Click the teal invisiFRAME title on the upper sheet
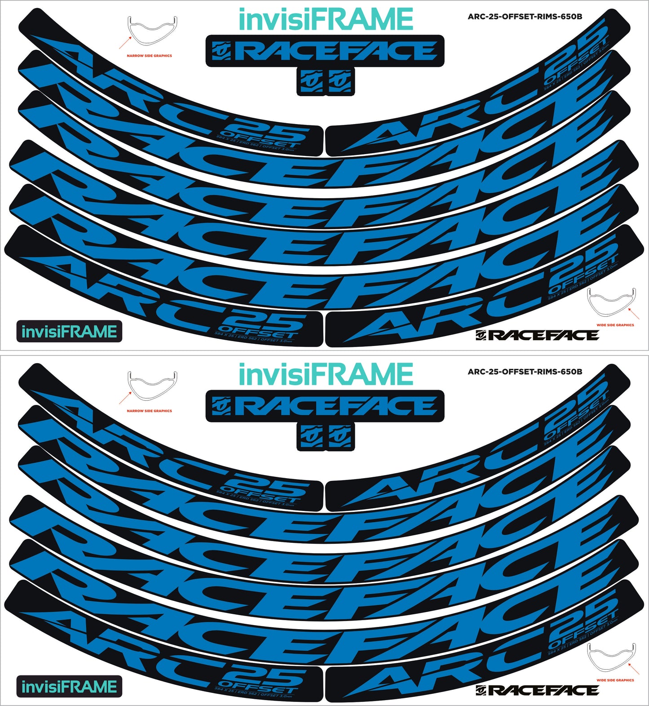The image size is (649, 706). click(x=326, y=19)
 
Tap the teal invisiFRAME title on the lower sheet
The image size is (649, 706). click(x=326, y=374)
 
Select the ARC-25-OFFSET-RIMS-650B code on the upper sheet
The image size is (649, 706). click(x=525, y=17)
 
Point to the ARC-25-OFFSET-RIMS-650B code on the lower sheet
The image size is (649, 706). click(x=525, y=372)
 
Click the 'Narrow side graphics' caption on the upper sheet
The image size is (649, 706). click(x=149, y=56)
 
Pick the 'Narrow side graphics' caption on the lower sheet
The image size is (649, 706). click(x=149, y=411)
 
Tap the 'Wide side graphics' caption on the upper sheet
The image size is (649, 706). click(x=615, y=325)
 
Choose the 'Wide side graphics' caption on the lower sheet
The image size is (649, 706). click(x=615, y=680)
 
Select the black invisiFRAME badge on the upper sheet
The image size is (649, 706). click(x=69, y=332)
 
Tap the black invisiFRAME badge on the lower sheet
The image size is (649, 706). click(x=69, y=687)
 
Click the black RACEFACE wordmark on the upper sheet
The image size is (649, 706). click(x=537, y=335)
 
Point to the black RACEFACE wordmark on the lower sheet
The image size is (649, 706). click(x=537, y=690)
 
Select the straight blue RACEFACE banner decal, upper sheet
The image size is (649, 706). click(x=325, y=51)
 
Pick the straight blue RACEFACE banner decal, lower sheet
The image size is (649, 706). click(x=325, y=406)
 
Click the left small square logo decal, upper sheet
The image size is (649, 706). click(x=311, y=81)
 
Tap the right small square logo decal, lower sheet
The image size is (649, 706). click(x=340, y=436)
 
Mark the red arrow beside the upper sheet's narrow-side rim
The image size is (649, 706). click(x=124, y=43)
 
